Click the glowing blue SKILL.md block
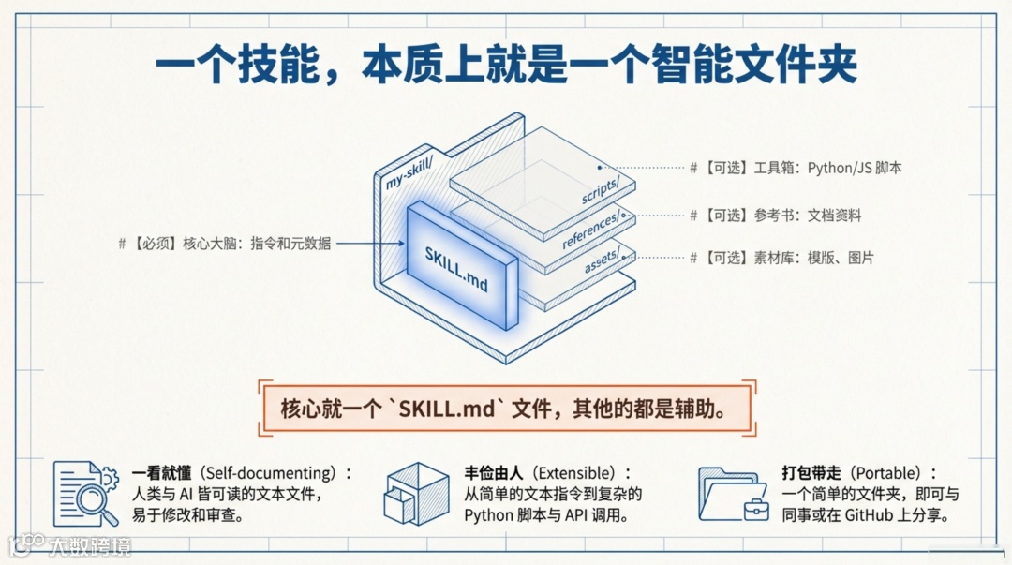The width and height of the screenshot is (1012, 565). [x=461, y=266]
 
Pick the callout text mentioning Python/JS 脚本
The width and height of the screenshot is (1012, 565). [x=796, y=168]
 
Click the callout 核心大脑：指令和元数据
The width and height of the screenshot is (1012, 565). [x=225, y=244]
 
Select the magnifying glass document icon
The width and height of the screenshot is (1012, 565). [x=86, y=492]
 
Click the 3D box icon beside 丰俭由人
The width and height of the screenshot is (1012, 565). [x=416, y=493]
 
